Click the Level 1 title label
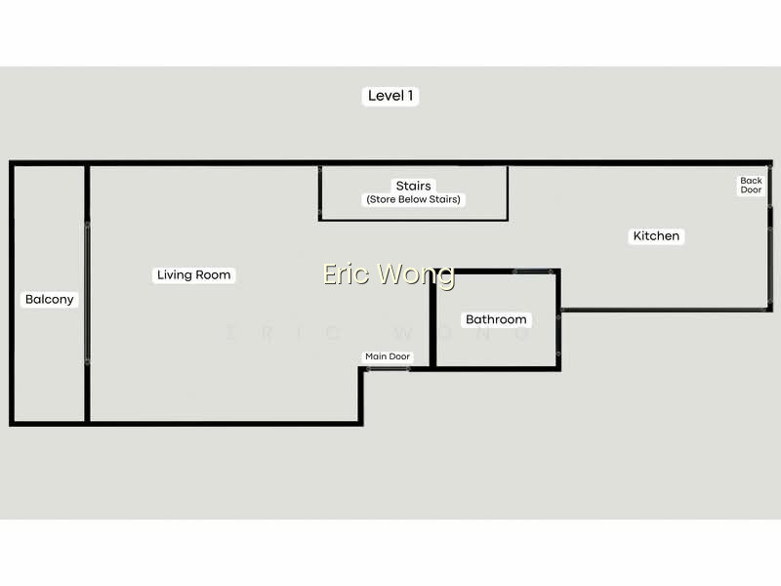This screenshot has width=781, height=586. (x=390, y=96)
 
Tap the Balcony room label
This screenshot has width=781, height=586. (x=50, y=300)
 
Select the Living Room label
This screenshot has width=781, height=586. (x=193, y=274)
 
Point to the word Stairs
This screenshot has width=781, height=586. (x=413, y=186)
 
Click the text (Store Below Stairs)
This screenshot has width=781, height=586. (x=413, y=199)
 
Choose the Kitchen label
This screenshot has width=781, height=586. (x=656, y=235)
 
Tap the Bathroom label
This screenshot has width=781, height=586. (x=496, y=319)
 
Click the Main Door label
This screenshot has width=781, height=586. (x=388, y=356)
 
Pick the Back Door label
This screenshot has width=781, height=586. (x=751, y=185)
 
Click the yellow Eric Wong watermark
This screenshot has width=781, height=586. (x=389, y=274)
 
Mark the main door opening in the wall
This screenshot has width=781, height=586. (x=388, y=369)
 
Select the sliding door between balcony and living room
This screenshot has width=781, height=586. (x=87, y=293)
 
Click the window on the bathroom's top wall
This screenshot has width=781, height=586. (x=533, y=272)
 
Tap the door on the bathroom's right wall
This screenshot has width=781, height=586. (x=558, y=335)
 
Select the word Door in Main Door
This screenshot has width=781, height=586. (x=399, y=356)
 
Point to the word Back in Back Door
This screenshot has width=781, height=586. (x=751, y=181)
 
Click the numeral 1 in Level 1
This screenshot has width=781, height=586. (x=410, y=96)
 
